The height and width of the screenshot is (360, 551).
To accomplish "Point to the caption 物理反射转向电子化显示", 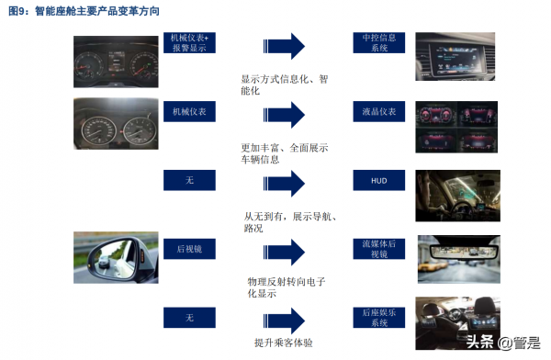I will (286, 287).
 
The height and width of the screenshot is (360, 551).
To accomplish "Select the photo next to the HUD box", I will (457, 196).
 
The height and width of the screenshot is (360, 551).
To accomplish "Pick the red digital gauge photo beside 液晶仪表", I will (456, 127).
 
